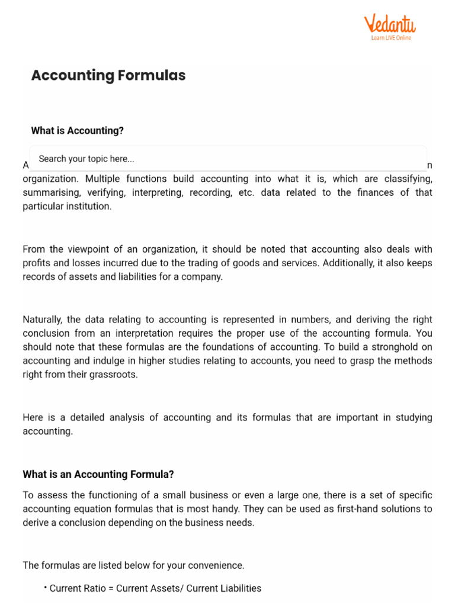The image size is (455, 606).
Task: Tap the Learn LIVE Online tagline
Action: (391, 38)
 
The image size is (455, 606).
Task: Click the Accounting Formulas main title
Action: (108, 75)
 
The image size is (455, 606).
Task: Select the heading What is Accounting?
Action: (77, 131)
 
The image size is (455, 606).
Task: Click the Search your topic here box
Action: (227, 159)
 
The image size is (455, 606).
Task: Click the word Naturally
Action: (44, 319)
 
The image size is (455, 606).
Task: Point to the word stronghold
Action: (371, 347)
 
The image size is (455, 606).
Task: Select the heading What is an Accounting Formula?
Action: (98, 474)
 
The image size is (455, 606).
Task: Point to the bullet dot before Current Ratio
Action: (46, 587)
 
